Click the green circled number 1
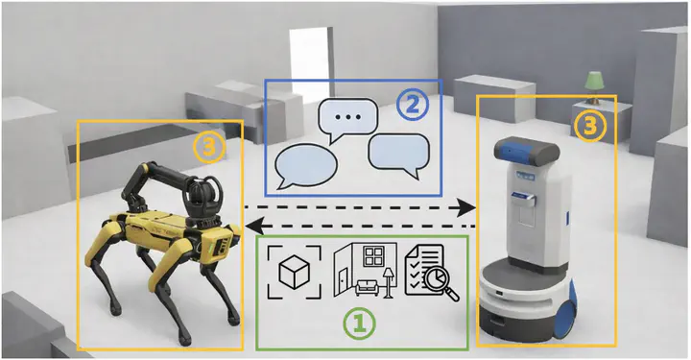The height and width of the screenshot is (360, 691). (x=360, y=323)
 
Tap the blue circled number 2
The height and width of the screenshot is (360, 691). (x=412, y=106)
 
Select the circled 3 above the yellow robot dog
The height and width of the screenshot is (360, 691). (x=209, y=149)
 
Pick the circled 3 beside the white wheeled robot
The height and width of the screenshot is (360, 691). (x=589, y=126)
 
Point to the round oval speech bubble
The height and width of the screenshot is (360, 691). (x=306, y=166)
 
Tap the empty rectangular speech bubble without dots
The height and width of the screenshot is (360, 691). (x=399, y=156)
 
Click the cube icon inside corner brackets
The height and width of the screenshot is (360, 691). (x=295, y=273)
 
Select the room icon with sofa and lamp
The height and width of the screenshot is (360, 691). (x=366, y=270)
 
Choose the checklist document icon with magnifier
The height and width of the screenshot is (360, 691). (x=432, y=274)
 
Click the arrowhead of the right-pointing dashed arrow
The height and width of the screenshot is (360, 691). (x=465, y=207)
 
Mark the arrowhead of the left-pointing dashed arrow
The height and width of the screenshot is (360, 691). (x=255, y=227)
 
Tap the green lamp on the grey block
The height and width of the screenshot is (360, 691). (x=594, y=87)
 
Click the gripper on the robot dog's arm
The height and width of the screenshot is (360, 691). (x=202, y=193)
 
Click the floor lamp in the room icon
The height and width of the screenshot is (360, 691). (x=388, y=281)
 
